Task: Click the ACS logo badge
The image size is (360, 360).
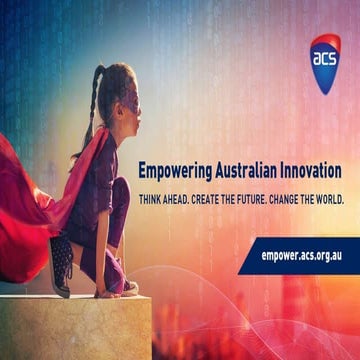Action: point(324,60)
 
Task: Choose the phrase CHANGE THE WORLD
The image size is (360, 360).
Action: point(310,198)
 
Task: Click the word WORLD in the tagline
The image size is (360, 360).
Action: point(328,198)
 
